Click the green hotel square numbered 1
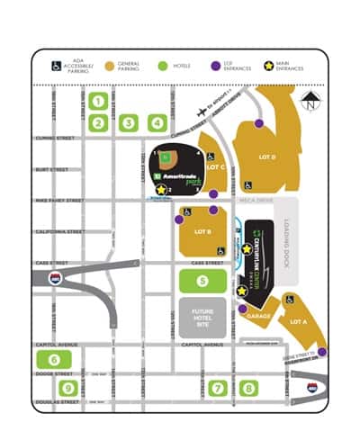[100, 102]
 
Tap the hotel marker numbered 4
[157, 123]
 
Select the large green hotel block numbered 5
[202, 281]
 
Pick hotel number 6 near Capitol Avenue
[48, 359]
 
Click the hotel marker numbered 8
[247, 388]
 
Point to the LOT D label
[267, 157]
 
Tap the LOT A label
[297, 320]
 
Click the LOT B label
[202, 232]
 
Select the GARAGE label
[259, 318]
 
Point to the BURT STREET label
[52, 169]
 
